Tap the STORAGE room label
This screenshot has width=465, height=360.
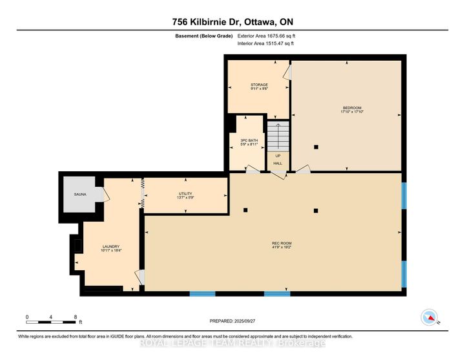point(259,85)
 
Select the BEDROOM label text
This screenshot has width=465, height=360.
point(351,107)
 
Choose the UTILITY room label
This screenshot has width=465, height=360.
point(186,193)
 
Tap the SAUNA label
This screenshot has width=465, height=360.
point(79,193)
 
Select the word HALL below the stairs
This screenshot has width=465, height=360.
point(278,164)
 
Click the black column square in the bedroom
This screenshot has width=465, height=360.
point(316,147)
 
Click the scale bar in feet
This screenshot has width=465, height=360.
point(52,323)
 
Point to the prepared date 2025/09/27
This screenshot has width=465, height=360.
point(232,321)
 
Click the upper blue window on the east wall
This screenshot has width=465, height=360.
point(404,196)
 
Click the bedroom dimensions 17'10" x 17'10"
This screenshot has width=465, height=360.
point(351,112)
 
